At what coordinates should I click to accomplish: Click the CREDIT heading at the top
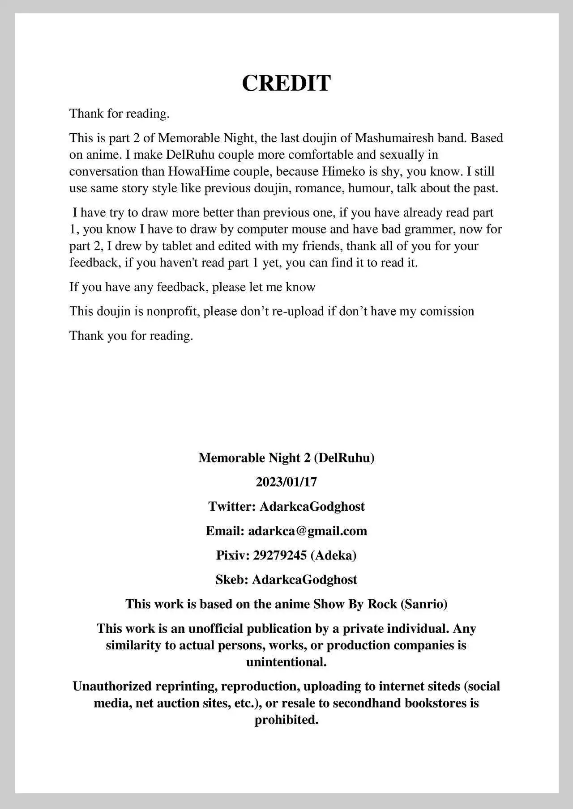286,83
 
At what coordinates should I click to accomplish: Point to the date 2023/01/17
286,482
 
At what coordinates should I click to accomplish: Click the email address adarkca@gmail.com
308,531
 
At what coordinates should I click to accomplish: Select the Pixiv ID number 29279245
280,555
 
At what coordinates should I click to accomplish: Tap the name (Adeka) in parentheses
334,555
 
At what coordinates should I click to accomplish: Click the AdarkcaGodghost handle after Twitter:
312,507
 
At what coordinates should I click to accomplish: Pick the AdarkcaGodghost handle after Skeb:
304,580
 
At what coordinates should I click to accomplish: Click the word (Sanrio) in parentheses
424,604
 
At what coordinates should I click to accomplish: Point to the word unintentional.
286,662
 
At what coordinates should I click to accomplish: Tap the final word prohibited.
286,720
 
